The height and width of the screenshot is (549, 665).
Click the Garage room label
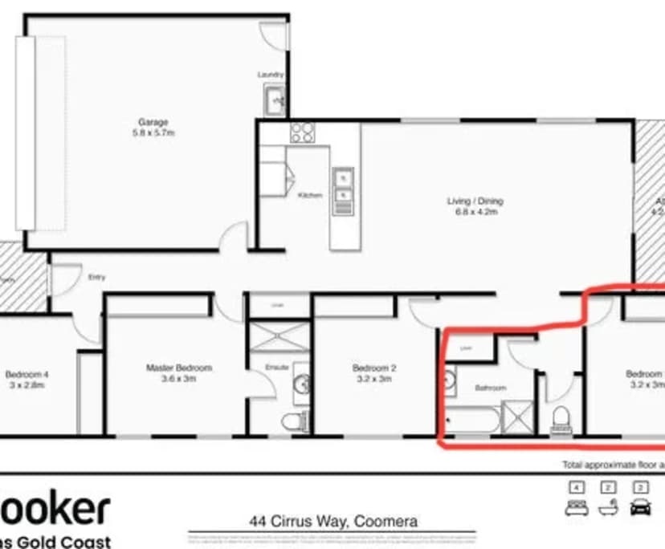tap(153, 123)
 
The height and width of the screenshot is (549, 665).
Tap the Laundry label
tap(271, 75)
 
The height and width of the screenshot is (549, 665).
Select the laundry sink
tap(275, 100)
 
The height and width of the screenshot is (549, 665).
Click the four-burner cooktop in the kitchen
tap(302, 132)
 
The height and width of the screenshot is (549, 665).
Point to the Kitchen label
tap(309, 195)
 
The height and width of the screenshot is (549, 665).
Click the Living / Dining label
tap(473, 201)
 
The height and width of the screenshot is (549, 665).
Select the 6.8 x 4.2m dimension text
tap(473, 213)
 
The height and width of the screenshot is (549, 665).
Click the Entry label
tap(96, 277)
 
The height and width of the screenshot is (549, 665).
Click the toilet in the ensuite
tap(295, 420)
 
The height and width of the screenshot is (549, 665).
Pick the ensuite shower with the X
tap(279, 336)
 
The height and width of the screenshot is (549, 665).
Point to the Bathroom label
tap(490, 388)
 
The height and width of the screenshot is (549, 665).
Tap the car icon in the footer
tap(641, 506)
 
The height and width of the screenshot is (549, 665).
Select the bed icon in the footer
tap(576, 506)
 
